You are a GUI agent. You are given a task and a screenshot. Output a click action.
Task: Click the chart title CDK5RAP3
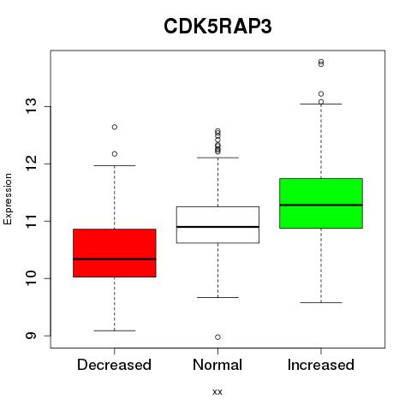pyautogui.click(x=217, y=27)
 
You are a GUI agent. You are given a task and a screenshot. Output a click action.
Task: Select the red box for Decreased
pyautogui.click(x=115, y=253)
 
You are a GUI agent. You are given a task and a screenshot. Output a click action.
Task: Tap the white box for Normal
pyautogui.click(x=217, y=225)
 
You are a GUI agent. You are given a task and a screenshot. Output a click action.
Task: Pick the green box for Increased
pyautogui.click(x=321, y=203)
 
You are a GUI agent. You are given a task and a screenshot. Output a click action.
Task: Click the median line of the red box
pyautogui.click(x=115, y=259)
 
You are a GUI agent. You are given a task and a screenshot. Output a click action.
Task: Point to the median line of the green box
pyautogui.click(x=321, y=205)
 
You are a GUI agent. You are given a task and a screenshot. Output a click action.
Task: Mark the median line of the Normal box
pyautogui.click(x=217, y=227)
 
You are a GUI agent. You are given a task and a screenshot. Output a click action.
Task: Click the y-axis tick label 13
pyautogui.click(x=31, y=106)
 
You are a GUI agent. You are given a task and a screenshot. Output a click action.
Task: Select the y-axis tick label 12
pyautogui.click(x=31, y=164)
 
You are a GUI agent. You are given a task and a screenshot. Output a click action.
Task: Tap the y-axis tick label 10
pyautogui.click(x=31, y=278)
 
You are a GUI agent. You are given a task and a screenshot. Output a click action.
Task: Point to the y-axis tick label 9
pyautogui.click(x=31, y=336)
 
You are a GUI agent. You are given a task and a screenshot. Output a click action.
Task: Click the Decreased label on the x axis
pyautogui.click(x=114, y=365)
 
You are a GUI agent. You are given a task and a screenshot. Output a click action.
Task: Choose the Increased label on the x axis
pyautogui.click(x=321, y=365)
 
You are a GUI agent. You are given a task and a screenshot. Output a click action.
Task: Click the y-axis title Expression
pyautogui.click(x=8, y=199)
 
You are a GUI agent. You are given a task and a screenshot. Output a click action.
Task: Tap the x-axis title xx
pyautogui.click(x=217, y=392)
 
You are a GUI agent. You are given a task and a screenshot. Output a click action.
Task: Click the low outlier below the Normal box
pyautogui.click(x=217, y=337)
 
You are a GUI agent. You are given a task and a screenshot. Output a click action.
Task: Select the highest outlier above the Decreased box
pyautogui.click(x=115, y=127)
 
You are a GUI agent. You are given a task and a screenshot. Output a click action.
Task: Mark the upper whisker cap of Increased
pyautogui.click(x=321, y=104)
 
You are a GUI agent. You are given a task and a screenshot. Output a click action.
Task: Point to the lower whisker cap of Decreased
pyautogui.click(x=115, y=331)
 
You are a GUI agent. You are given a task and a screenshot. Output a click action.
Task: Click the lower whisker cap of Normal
pyautogui.click(x=217, y=297)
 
